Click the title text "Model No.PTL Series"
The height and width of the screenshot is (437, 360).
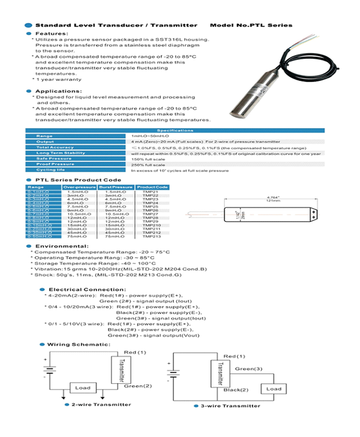tap(251, 25)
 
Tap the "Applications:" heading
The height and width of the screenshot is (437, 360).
tap(58, 91)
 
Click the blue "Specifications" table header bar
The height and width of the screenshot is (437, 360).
tap(175, 130)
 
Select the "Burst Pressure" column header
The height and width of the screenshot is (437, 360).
tap(116, 187)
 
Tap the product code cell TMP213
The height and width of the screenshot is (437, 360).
tap(152, 236)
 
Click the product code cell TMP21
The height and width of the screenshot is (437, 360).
tap(151, 192)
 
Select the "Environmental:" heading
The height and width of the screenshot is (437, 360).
tap(62, 246)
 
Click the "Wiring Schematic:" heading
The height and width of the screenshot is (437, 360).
tap(78, 344)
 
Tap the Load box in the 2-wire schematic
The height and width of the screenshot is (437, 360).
tap(83, 388)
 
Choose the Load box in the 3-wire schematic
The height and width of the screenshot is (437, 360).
tap(273, 389)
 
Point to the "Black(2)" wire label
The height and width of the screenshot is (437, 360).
tap(236, 390)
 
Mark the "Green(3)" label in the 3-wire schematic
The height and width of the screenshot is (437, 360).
tap(248, 369)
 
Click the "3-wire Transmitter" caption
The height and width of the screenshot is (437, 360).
tap(230, 406)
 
